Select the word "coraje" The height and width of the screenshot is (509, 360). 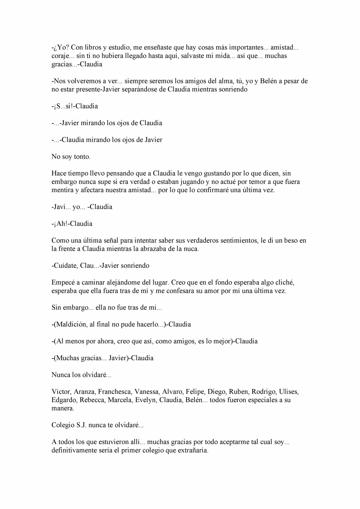click(x=60, y=56)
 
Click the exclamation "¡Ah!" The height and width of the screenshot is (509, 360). click(x=61, y=224)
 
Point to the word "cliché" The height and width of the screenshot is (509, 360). click(x=284, y=282)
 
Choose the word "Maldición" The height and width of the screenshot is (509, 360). click(x=71, y=325)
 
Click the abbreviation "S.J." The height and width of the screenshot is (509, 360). click(x=81, y=425)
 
